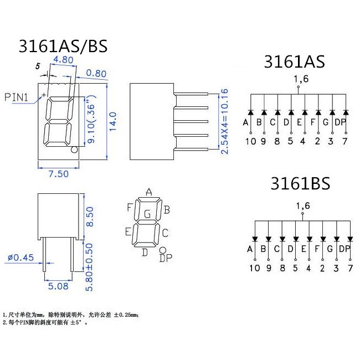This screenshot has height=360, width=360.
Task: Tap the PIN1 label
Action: click(17, 97)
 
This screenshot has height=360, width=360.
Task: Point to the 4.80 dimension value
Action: click(64, 59)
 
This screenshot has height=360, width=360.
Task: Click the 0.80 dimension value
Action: click(96, 73)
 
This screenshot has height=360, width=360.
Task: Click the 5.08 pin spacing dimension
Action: click(58, 286)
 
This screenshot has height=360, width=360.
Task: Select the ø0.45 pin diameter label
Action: click(21, 256)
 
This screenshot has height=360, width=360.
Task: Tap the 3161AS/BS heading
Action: click(63, 45)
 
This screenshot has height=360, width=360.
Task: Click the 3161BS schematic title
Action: click(300, 183)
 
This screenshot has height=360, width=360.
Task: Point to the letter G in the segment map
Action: click(147, 214)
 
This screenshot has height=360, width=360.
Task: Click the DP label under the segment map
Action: click(165, 258)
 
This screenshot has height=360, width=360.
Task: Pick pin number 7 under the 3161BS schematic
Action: click(349, 269)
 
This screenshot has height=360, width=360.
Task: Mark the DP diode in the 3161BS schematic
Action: click(349, 240)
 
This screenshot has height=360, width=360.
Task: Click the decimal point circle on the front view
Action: click(74, 150)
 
